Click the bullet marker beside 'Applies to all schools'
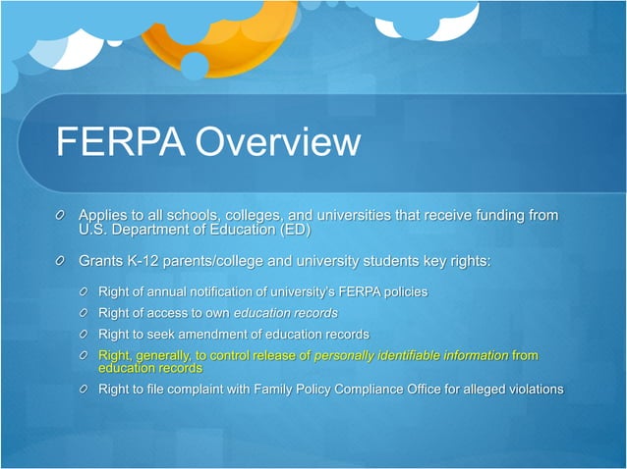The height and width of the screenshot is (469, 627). click(x=62, y=215)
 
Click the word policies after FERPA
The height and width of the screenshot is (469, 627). click(x=402, y=291)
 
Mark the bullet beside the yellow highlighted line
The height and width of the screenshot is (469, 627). click(x=87, y=355)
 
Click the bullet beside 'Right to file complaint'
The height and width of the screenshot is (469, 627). click(x=87, y=391)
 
